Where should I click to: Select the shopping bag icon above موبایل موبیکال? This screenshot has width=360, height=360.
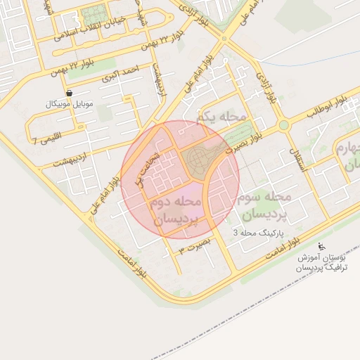pyautogui.click(x=68, y=93)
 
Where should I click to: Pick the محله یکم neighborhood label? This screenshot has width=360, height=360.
pyautogui.click(x=222, y=117)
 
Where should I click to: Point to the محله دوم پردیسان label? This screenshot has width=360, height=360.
pyautogui.click(x=175, y=211)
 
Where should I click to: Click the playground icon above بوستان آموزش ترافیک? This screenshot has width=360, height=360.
pyautogui.click(x=322, y=247)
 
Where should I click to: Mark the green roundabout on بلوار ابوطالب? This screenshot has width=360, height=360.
pyautogui.click(x=284, y=125)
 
